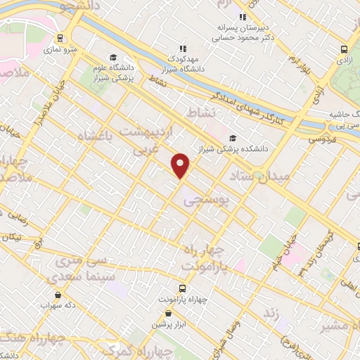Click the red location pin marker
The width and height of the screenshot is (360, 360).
[181, 165]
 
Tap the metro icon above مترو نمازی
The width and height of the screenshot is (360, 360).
[60, 38]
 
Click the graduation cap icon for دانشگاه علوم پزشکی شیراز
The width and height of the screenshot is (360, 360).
[112, 58]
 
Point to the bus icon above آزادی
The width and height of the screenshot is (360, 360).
[344, 49]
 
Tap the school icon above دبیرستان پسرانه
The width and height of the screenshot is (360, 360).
[243, 17]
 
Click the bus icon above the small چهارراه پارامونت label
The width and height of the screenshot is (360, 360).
[182, 288]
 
